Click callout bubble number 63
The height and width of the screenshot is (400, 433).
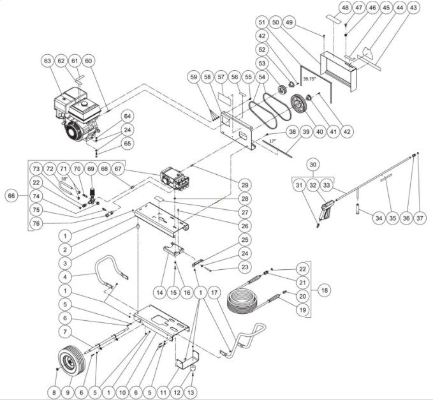point(47,61)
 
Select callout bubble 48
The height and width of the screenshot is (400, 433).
point(345,8)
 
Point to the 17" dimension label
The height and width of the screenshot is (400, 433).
point(272,140)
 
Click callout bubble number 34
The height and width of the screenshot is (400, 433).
point(379,218)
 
